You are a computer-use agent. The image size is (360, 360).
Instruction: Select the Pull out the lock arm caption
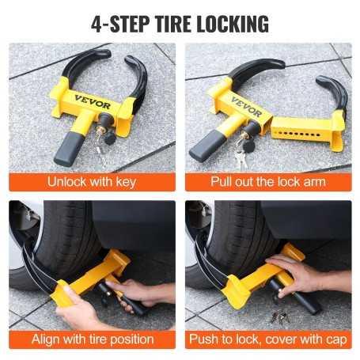(268, 181)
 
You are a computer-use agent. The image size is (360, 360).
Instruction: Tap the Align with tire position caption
(92, 339)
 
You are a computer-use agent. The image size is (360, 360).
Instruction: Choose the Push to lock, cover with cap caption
(268, 339)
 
